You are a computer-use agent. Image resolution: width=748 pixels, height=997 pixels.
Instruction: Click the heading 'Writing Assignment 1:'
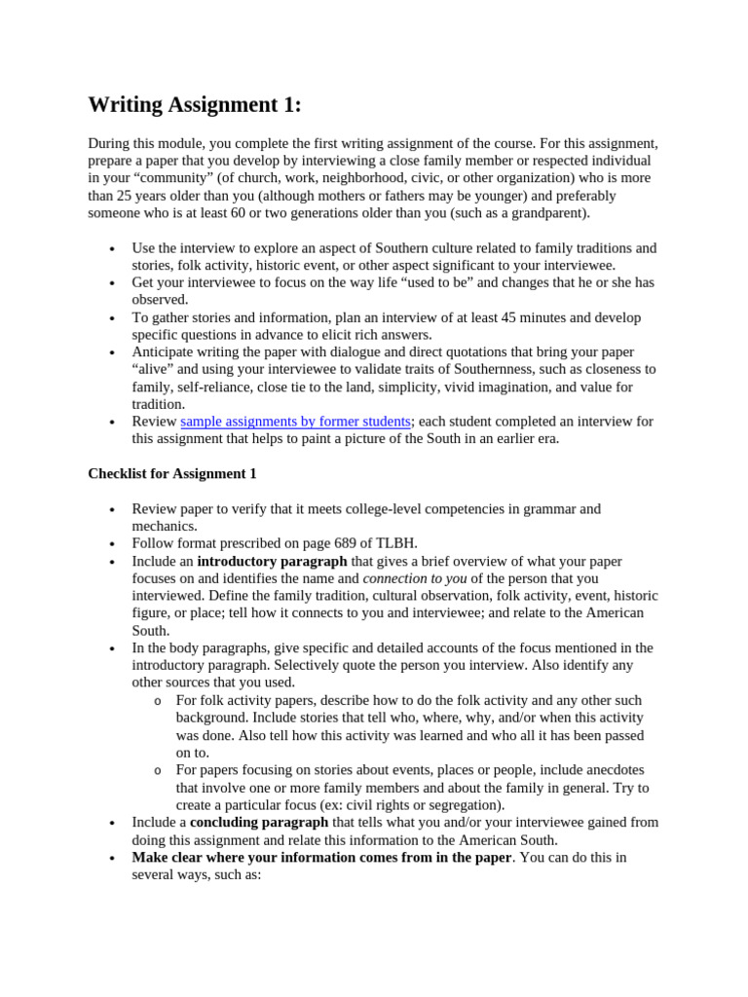click(x=195, y=105)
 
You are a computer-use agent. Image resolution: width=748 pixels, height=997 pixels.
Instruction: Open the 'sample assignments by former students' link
click(x=296, y=422)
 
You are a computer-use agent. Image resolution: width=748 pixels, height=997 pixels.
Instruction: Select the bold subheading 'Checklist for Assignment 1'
click(x=172, y=474)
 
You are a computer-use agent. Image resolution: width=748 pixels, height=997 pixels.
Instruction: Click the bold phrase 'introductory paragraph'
click(x=272, y=562)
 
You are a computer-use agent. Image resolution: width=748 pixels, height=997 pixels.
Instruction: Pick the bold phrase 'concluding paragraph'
click(x=259, y=823)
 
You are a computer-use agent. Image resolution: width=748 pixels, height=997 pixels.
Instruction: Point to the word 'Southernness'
click(x=467, y=370)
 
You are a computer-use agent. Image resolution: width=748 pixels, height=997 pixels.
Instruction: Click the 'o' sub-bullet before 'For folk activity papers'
click(x=157, y=701)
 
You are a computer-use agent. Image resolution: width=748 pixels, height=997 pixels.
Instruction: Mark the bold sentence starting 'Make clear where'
click(x=321, y=858)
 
